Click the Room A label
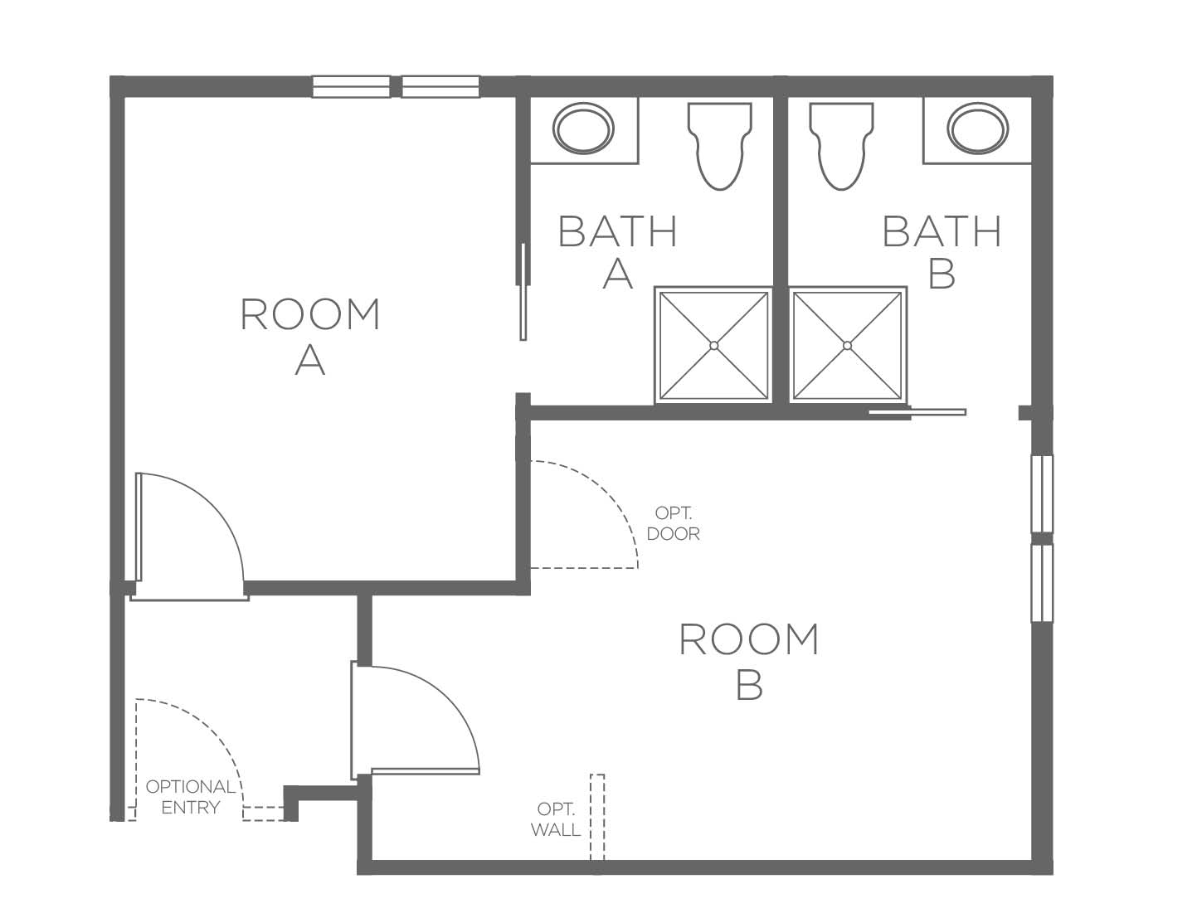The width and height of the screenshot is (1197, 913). pyautogui.click(x=309, y=337)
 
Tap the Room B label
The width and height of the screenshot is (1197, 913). pyautogui.click(x=749, y=661)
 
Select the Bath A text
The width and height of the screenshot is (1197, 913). pyautogui.click(x=617, y=252)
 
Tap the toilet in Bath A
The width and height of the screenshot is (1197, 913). pyautogui.click(x=720, y=146)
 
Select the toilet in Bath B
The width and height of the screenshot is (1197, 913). pyautogui.click(x=841, y=146)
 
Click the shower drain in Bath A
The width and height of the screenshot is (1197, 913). pyautogui.click(x=714, y=346)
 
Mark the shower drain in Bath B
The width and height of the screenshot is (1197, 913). pyautogui.click(x=847, y=346)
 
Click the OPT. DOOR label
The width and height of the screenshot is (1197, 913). pyautogui.click(x=673, y=523)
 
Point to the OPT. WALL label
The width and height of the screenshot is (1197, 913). pyautogui.click(x=556, y=819)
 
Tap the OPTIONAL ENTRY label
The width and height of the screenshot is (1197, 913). pyautogui.click(x=190, y=796)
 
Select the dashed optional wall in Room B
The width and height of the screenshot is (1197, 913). pyautogui.click(x=598, y=817)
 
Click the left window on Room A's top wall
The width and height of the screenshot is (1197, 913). pyautogui.click(x=351, y=87)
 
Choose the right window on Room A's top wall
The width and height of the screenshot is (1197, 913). pyautogui.click(x=440, y=87)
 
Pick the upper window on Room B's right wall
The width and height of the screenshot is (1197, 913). pyautogui.click(x=1042, y=494)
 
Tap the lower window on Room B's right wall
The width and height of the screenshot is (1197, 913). pyautogui.click(x=1042, y=583)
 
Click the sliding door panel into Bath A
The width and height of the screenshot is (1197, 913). pyautogui.click(x=523, y=292)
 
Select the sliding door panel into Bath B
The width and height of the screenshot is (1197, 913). pyautogui.click(x=917, y=412)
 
